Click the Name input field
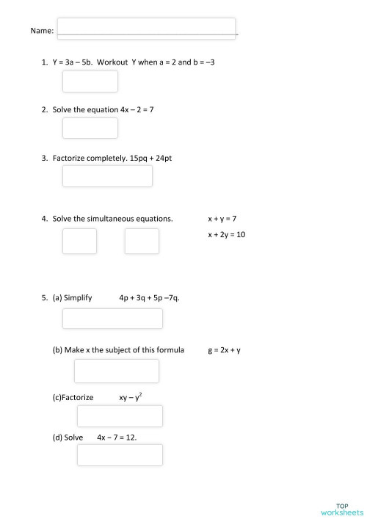pos(147,28)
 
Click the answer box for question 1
pos(90,81)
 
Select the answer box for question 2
pos(90,128)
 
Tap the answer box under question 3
pos(107,176)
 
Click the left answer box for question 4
pos(79,241)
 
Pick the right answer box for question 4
pos(142,241)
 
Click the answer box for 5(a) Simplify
pos(112,319)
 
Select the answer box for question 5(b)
pos(116,371)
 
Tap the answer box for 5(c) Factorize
pos(120,416)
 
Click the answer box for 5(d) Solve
pos(120,454)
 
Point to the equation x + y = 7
pos(222,219)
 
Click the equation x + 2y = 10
pos(226,235)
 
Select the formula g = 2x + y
pos(224,350)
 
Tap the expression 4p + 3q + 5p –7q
pos(149,298)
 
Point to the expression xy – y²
pos(131,397)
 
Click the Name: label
pos(42,31)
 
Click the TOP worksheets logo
pos(341,508)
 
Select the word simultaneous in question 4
pos(119,219)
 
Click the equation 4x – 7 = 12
pos(117,437)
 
